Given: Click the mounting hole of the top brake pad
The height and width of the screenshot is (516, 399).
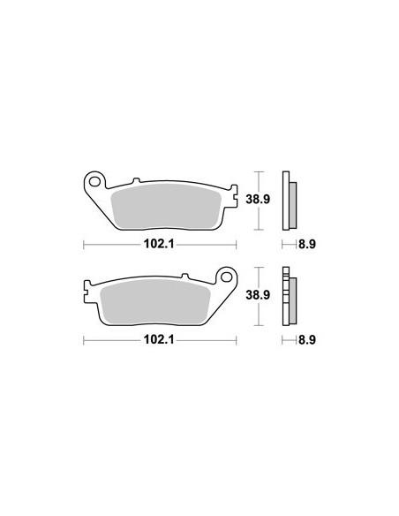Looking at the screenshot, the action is (x=95, y=181).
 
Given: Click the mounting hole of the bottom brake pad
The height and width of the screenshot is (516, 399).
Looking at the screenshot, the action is (x=226, y=277).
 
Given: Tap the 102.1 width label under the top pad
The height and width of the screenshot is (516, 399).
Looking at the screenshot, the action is (x=160, y=244).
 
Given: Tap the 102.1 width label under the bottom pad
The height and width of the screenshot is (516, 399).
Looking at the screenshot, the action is (x=160, y=339).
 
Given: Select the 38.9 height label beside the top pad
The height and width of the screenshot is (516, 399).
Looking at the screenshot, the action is (x=258, y=199).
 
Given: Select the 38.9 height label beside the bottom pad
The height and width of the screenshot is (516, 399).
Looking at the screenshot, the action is (x=258, y=294).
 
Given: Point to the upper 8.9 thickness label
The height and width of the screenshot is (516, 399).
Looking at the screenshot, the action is (x=307, y=244).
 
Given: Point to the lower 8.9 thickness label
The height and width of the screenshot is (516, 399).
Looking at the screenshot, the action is (x=307, y=339).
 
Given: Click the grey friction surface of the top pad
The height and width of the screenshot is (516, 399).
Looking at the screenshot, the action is (x=166, y=206).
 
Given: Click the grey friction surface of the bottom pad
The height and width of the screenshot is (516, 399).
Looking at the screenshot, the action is (x=155, y=301).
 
